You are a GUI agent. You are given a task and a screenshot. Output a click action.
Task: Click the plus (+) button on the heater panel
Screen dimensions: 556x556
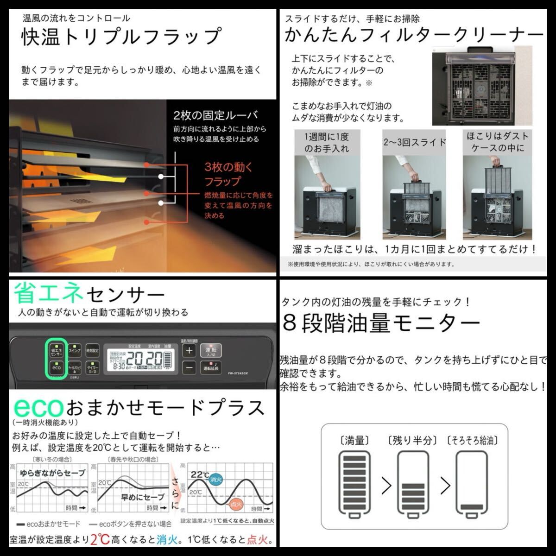click(189, 350)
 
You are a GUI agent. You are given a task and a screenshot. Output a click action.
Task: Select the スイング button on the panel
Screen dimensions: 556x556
click(74, 351)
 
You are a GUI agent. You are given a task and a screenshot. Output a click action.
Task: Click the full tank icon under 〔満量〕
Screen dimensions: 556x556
click(355, 482)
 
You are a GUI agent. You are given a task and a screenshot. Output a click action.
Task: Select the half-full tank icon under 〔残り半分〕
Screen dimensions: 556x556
click(412, 482)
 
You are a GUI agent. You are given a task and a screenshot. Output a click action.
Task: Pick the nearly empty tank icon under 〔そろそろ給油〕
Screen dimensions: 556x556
click(472, 482)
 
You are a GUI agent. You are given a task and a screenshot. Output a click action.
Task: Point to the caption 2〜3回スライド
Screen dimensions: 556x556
click(414, 142)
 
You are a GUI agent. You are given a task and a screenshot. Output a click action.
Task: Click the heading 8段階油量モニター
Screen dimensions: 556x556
click(381, 323)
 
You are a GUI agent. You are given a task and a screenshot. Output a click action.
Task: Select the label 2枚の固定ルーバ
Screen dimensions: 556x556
click(215, 115)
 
